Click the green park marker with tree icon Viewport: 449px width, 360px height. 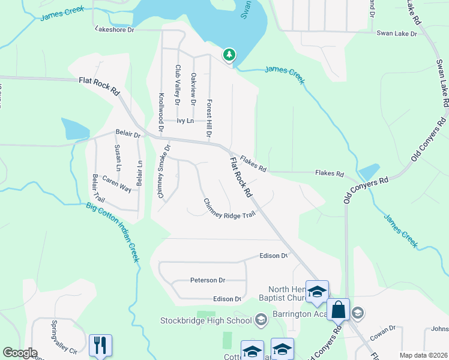[229, 55]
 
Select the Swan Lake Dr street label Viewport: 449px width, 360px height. [397, 34]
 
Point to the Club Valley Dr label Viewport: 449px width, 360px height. [178, 85]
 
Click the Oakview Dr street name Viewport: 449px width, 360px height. [193, 89]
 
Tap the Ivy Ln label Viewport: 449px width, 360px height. [185, 121]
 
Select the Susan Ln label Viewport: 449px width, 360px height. [118, 158]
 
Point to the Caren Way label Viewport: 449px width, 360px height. [116, 184]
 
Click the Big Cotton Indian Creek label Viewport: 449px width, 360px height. [113, 232]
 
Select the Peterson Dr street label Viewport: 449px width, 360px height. [208, 280]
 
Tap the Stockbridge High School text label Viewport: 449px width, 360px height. [206, 320]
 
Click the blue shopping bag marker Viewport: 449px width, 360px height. [339, 310]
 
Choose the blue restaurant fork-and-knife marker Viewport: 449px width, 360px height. [100, 345]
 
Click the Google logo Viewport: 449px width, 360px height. [20, 353]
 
